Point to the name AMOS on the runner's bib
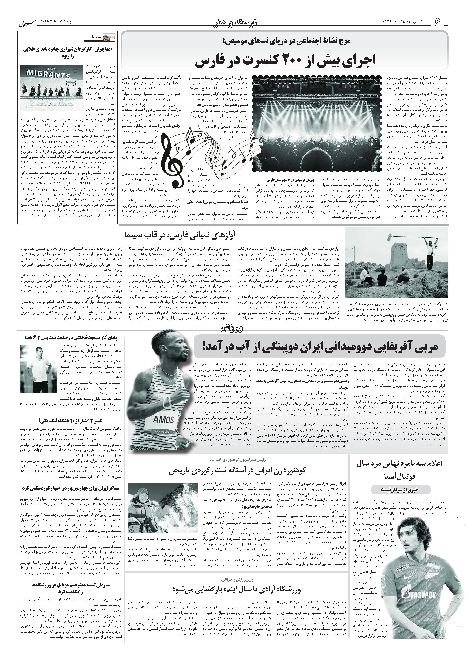tap(163, 420)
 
